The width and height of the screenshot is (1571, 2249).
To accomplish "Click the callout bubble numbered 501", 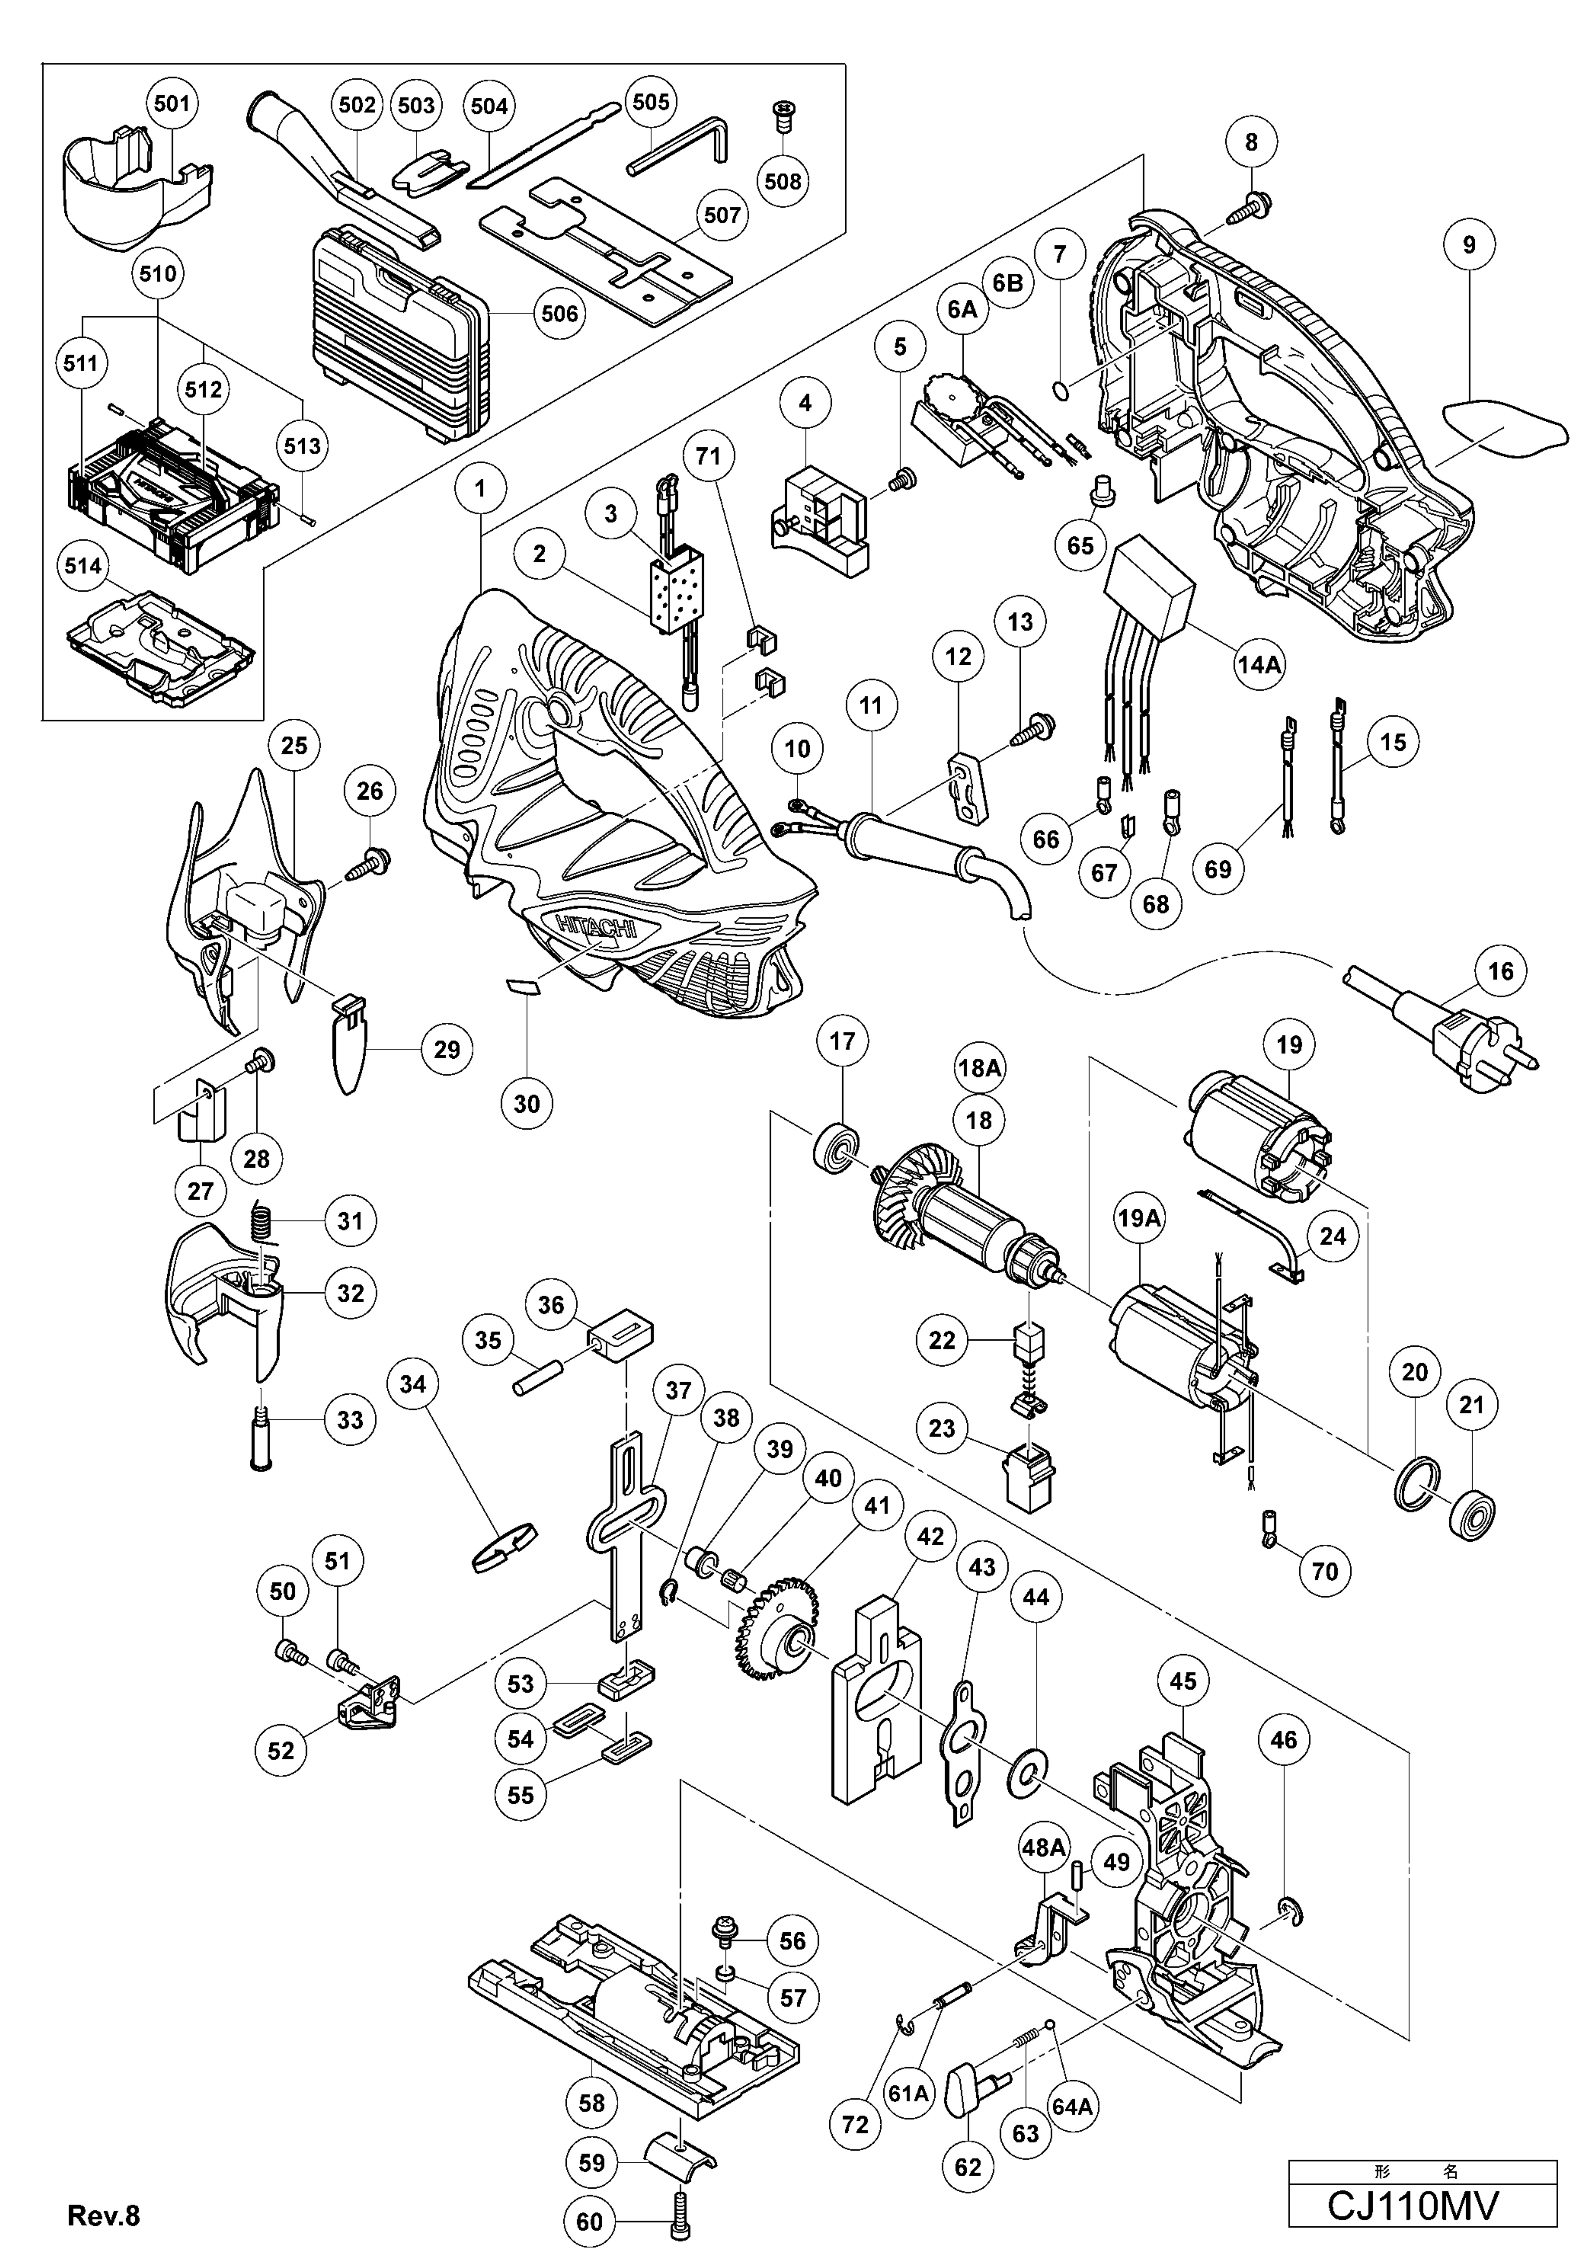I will coord(171,103).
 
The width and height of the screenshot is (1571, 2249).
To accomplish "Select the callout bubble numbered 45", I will coord(1183,1681).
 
